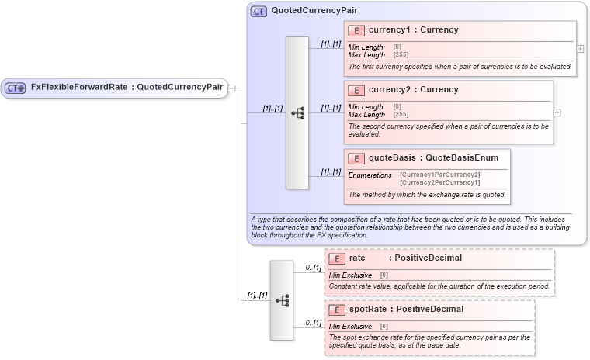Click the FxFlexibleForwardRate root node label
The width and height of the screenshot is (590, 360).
[x=127, y=87]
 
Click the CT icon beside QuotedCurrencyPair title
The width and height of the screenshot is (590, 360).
[x=259, y=12]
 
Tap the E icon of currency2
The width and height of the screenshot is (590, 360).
[x=356, y=90]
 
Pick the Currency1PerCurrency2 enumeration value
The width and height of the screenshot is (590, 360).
[x=439, y=175]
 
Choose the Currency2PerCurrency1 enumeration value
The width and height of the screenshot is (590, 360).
[x=439, y=182]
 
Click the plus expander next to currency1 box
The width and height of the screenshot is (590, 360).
[x=580, y=48]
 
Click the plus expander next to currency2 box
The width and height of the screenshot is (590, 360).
[x=557, y=112]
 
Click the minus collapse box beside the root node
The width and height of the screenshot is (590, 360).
[x=231, y=88]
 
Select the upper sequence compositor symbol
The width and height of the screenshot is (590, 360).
[x=297, y=112]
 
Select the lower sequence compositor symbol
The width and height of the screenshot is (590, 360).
[x=282, y=299]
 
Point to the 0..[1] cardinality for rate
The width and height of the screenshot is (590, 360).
[x=313, y=268]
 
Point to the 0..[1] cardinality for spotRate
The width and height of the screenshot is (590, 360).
[x=313, y=323]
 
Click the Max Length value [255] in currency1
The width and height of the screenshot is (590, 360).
[x=401, y=55]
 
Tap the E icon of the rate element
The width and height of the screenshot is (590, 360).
[x=337, y=258]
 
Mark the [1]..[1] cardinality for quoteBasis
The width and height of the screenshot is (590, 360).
[x=331, y=171]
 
